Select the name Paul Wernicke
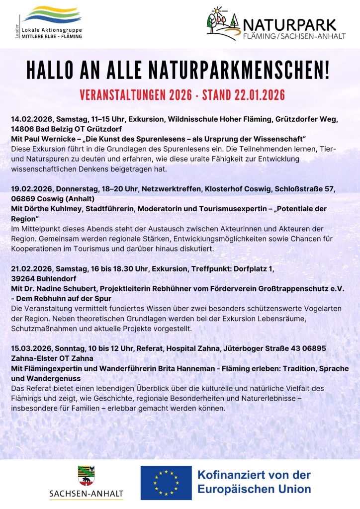[51, 137]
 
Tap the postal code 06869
[23, 198]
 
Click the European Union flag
[166, 482]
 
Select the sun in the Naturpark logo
[217, 10]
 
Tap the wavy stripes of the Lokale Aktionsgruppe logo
[51, 15]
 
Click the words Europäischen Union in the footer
[254, 489]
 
